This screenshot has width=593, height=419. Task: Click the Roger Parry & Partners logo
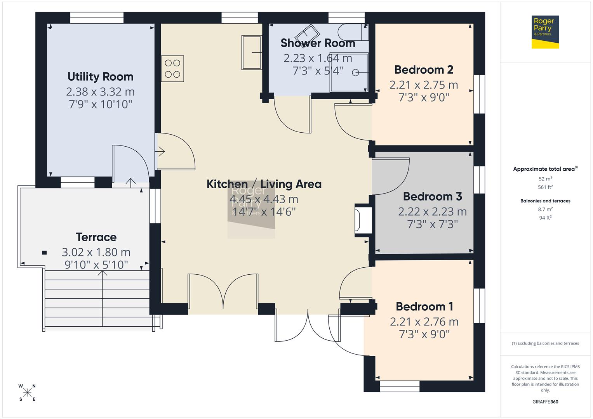pos(545,32)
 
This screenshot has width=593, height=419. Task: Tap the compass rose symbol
pos(27,393)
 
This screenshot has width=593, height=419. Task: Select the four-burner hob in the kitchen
pos(172,69)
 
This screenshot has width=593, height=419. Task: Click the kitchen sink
pos(252,52)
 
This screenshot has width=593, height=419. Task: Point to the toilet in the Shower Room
pos(351,32)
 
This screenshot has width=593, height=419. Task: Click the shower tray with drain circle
pos(349,73)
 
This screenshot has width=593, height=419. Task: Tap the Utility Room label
pos(100,76)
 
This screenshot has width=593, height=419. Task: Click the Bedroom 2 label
pos(424,70)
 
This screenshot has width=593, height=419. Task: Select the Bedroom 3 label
pos(432,196)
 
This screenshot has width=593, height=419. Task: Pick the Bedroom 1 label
pos(424,306)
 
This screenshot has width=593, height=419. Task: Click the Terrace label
pos(96,237)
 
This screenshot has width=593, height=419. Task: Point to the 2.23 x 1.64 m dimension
pos(318,58)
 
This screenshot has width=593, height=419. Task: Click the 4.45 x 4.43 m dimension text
pos(264,199)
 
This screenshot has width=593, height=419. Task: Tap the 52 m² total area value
pos(545,179)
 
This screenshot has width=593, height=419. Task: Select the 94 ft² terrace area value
pos(545,218)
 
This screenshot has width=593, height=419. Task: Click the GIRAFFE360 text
pos(545,402)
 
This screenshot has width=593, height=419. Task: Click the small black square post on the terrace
pos(44,253)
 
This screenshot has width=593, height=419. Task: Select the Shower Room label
pos(318,43)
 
